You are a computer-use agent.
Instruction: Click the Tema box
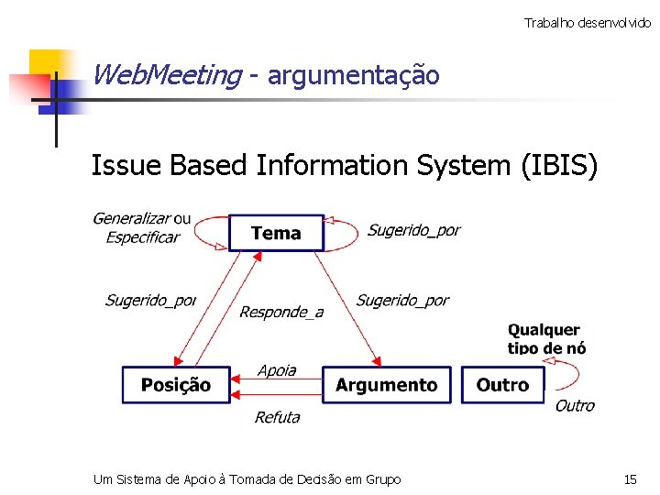coord(276,233)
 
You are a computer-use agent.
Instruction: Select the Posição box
coord(176,385)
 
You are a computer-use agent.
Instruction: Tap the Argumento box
coord(387,385)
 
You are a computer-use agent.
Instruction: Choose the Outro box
coord(502,385)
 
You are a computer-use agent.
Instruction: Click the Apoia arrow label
coord(277,370)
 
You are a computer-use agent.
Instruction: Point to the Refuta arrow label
coord(277,417)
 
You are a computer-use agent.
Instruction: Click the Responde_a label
coord(281,312)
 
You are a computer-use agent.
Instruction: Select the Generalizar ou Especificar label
coord(142,227)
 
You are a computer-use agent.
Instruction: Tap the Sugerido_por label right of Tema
coord(413,230)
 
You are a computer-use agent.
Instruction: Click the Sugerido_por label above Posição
coord(150,300)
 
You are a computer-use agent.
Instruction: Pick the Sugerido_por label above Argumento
coord(402,300)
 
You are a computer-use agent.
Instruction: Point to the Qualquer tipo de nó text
coord(546,338)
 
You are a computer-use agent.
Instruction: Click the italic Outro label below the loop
coord(575,405)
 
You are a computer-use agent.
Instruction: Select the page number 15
coord(630,479)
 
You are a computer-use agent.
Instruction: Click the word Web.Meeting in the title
coord(166,74)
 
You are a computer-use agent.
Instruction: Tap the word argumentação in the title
coord(354,75)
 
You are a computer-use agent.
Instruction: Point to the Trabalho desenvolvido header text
coord(587,22)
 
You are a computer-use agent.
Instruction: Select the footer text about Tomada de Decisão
coord(247,479)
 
